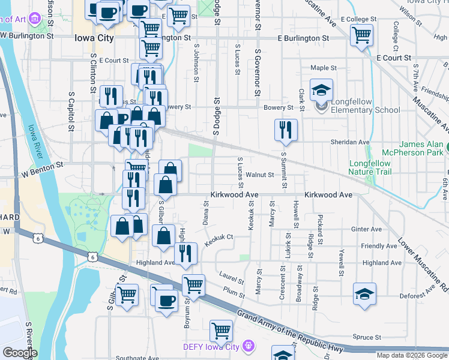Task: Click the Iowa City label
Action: (x=94, y=38)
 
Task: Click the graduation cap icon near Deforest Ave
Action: (x=364, y=294)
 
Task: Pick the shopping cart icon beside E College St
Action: (x=361, y=35)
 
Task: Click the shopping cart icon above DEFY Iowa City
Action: (x=221, y=331)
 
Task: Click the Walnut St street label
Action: (x=260, y=175)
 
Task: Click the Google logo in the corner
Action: (x=20, y=352)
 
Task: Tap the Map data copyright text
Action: (x=412, y=355)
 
